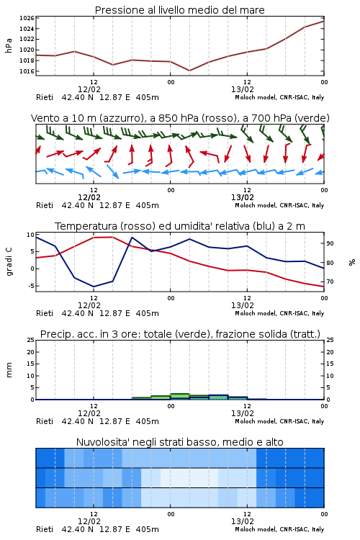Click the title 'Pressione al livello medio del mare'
click(180, 10)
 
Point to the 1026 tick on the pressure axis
click(27, 18)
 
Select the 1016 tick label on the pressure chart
click(27, 71)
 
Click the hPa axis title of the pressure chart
click(9, 45)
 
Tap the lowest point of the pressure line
click(189, 71)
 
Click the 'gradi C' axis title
click(9, 261)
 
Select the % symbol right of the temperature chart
click(352, 262)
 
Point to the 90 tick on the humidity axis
click(330, 243)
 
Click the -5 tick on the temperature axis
click(31, 286)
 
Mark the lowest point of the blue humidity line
click(94, 287)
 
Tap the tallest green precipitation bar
click(180, 397)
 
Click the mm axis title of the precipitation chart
click(9, 370)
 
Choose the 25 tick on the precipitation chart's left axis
click(31, 340)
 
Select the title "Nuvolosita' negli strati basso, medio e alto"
click(180, 442)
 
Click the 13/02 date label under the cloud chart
click(243, 521)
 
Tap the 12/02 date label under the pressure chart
click(89, 89)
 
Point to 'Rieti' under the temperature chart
click(45, 313)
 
